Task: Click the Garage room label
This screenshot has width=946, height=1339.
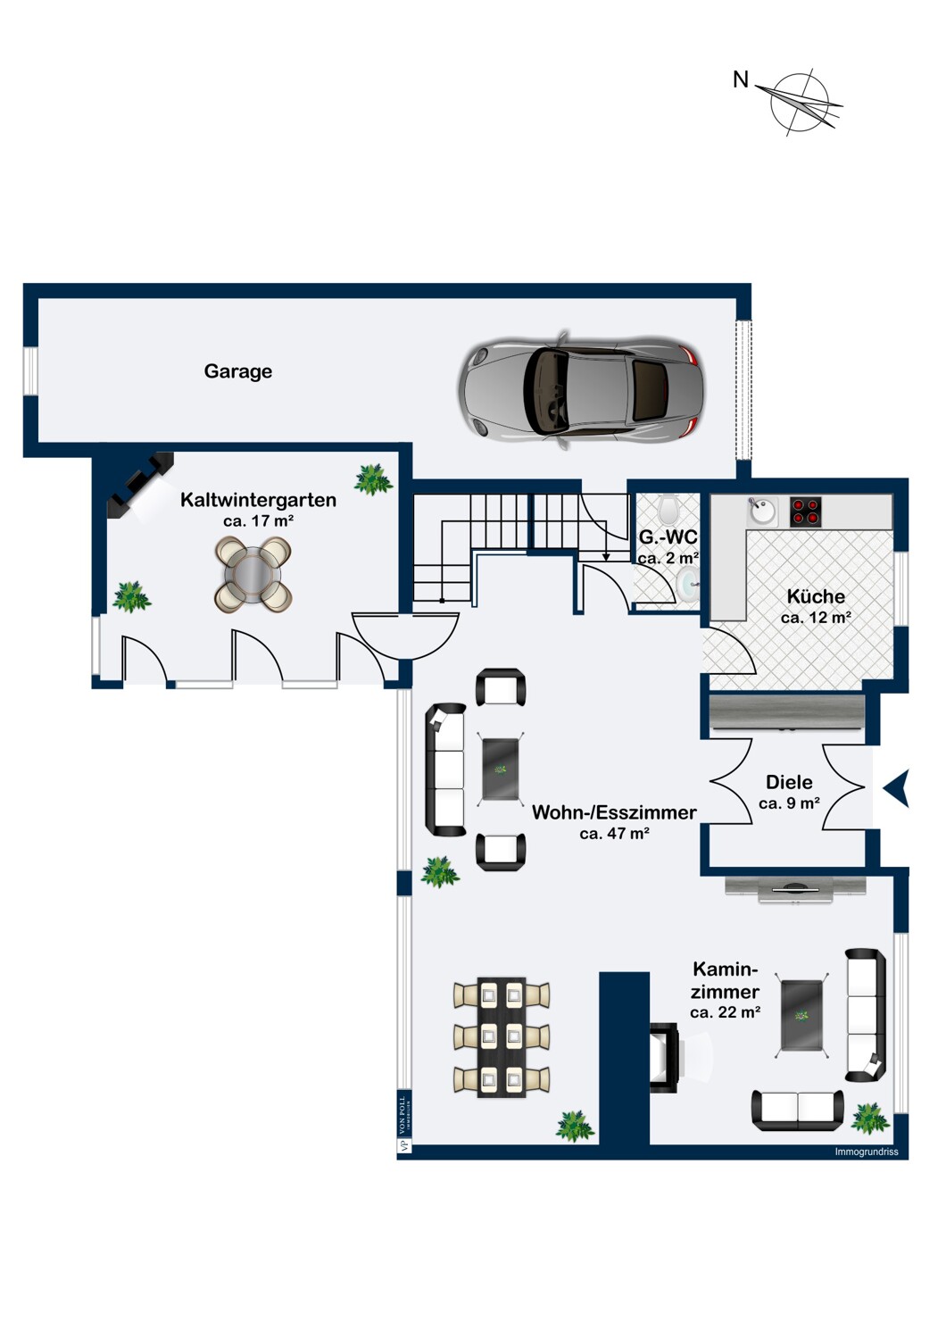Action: coord(238,371)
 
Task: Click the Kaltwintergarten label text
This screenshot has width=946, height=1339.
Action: coord(258,499)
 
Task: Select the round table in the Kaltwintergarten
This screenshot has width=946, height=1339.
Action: coord(253,574)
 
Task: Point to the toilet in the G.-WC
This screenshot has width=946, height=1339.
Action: coord(668,509)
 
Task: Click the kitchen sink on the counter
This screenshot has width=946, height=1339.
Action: coord(762,511)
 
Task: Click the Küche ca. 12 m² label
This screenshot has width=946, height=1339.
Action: coord(816,606)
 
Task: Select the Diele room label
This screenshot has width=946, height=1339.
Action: coord(789,782)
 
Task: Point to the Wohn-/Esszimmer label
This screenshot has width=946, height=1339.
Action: coord(614,812)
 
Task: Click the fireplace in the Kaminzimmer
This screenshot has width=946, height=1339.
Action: coord(665,1057)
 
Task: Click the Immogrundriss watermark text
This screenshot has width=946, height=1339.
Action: coord(866,1152)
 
